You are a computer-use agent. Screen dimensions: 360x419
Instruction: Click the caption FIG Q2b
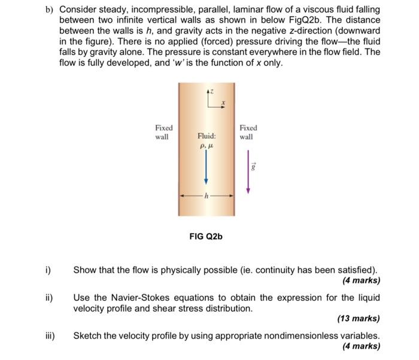click(x=206, y=237)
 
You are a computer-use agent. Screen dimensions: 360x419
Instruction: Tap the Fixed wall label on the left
click(x=163, y=132)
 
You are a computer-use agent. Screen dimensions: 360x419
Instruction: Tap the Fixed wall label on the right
click(x=248, y=132)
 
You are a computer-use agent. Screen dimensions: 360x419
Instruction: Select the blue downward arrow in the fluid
click(x=206, y=167)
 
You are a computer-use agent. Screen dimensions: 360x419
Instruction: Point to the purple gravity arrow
click(x=247, y=171)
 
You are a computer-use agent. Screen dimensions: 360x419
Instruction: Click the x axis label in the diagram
click(x=223, y=102)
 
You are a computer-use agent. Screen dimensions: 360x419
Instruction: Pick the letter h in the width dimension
click(x=207, y=196)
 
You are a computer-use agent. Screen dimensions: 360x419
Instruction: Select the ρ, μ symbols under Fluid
click(x=206, y=145)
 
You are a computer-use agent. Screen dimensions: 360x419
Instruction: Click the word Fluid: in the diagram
click(x=206, y=136)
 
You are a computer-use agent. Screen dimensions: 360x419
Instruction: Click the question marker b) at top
click(x=48, y=11)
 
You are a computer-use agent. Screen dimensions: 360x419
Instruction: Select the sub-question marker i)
click(x=48, y=270)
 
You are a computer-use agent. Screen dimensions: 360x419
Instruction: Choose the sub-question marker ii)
click(x=48, y=297)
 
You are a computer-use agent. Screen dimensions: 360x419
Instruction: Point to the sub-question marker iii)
click(x=48, y=335)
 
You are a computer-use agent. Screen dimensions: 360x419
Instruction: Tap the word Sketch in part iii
click(x=87, y=335)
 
